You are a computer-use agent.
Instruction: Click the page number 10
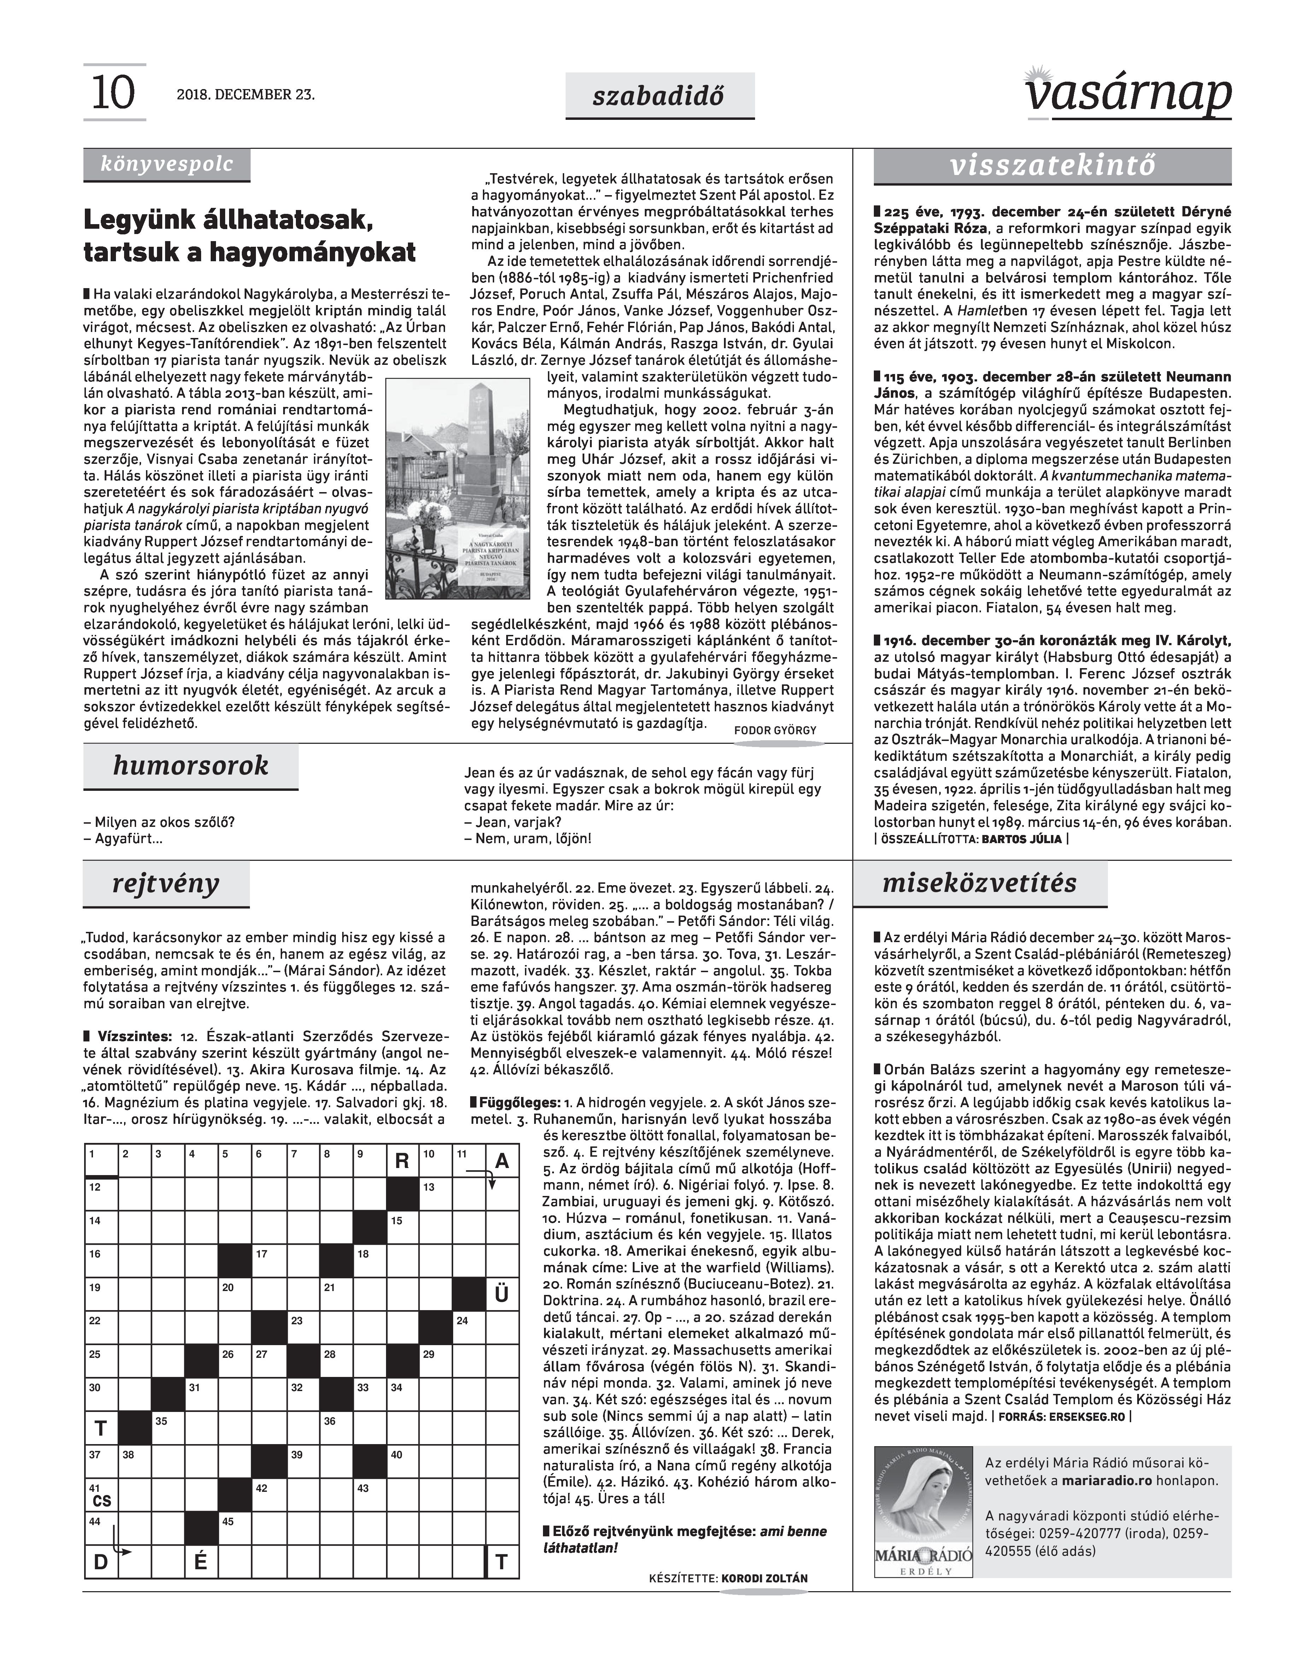point(113,93)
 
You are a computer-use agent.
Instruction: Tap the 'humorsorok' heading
point(190,765)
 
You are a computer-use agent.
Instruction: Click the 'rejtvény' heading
point(165,883)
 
